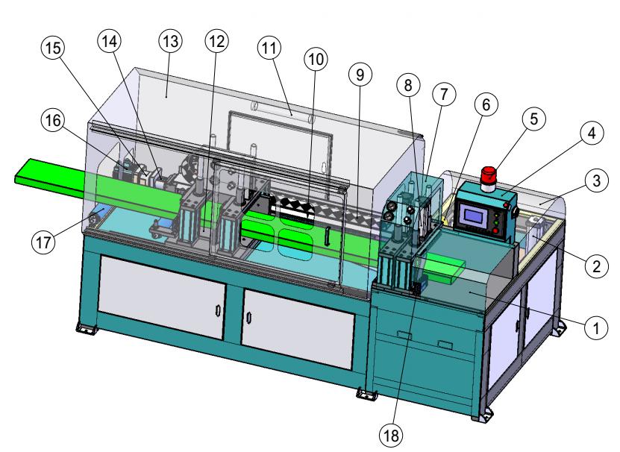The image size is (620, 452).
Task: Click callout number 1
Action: (593, 326)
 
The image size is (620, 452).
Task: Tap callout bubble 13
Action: (171, 42)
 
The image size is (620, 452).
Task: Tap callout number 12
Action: (218, 42)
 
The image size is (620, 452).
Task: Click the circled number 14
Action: (109, 42)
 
